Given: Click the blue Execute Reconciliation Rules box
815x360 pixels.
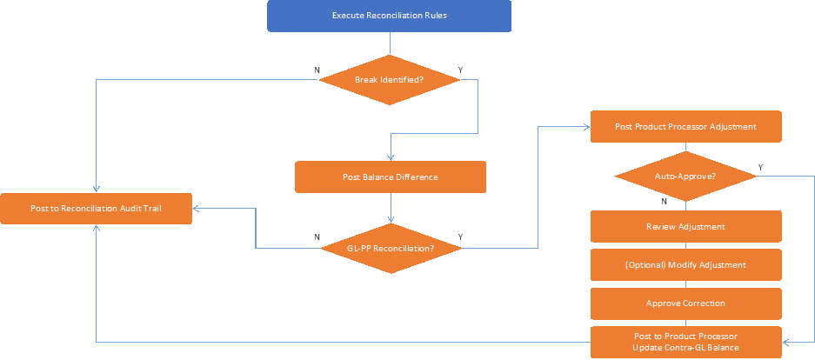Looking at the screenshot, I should [x=389, y=16].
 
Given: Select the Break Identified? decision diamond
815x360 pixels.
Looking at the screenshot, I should [x=389, y=80].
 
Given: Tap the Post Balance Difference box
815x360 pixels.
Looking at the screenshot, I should [x=390, y=177].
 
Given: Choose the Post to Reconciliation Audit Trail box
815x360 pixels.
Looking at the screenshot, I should [x=96, y=209].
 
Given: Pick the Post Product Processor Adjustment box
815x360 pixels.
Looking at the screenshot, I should [x=685, y=126].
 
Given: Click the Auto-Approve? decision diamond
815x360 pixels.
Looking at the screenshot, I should [x=685, y=177].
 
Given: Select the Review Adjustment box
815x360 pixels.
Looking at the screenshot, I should [x=685, y=226].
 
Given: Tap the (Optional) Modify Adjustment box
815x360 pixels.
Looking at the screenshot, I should [x=685, y=264].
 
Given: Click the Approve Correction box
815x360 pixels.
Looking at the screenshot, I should [x=685, y=303].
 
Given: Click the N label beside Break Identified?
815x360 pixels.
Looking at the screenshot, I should [x=316, y=70].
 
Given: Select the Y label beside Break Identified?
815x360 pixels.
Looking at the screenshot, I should [x=460, y=70].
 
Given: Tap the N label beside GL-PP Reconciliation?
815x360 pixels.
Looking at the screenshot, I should [x=316, y=237].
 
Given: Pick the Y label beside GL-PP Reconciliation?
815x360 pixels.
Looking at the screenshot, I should [x=460, y=237].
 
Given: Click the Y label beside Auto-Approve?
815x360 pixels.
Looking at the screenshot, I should [x=760, y=167].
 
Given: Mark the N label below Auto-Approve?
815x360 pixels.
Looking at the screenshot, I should [x=665, y=201].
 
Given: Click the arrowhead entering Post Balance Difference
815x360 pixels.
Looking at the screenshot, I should [x=390, y=157].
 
